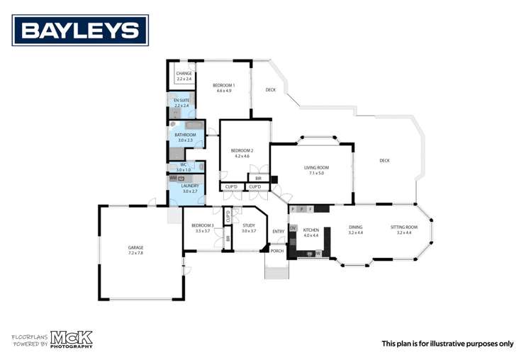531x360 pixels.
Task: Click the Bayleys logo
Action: pos(80,30)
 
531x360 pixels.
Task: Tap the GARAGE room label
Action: pos(135,247)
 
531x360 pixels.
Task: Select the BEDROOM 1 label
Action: pos(224,86)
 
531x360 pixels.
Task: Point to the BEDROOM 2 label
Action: pos(242,150)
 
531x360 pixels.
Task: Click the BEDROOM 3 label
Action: pos(203,225)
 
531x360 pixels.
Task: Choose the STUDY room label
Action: pos(248,225)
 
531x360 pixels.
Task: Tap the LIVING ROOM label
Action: pos(313,167)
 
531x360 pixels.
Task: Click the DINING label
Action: pos(355,227)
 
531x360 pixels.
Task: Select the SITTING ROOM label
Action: pos(404,227)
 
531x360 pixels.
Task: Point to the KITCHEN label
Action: pos(311,230)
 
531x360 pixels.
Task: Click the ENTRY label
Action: pos(278,231)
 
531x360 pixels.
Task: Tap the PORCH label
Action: pos(277,250)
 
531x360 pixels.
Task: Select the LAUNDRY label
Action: pos(190,186)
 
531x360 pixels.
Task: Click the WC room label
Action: pos(183,164)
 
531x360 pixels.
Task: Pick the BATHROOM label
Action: pos(186,135)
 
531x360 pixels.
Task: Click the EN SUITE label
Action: pos(181,101)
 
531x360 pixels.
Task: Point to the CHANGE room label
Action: pos(184,73)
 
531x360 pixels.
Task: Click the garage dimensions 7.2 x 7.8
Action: pos(135,253)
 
